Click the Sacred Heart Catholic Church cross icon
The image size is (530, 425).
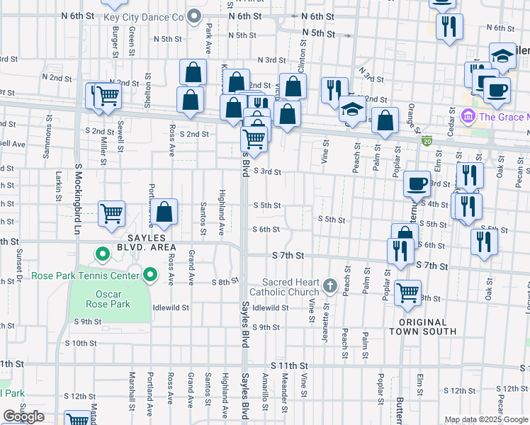pyautogui.click(x=329, y=286)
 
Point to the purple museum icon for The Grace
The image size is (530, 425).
pyautogui.click(x=468, y=115)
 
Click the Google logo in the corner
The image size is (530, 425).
pyautogui.click(x=23, y=416)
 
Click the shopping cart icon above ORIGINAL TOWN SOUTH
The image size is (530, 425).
pyautogui.click(x=408, y=292)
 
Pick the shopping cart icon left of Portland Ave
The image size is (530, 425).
pyautogui.click(x=112, y=212)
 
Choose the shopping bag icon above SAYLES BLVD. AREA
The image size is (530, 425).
pyautogui.click(x=164, y=211)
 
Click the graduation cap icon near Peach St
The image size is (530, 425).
pyautogui.click(x=353, y=109)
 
